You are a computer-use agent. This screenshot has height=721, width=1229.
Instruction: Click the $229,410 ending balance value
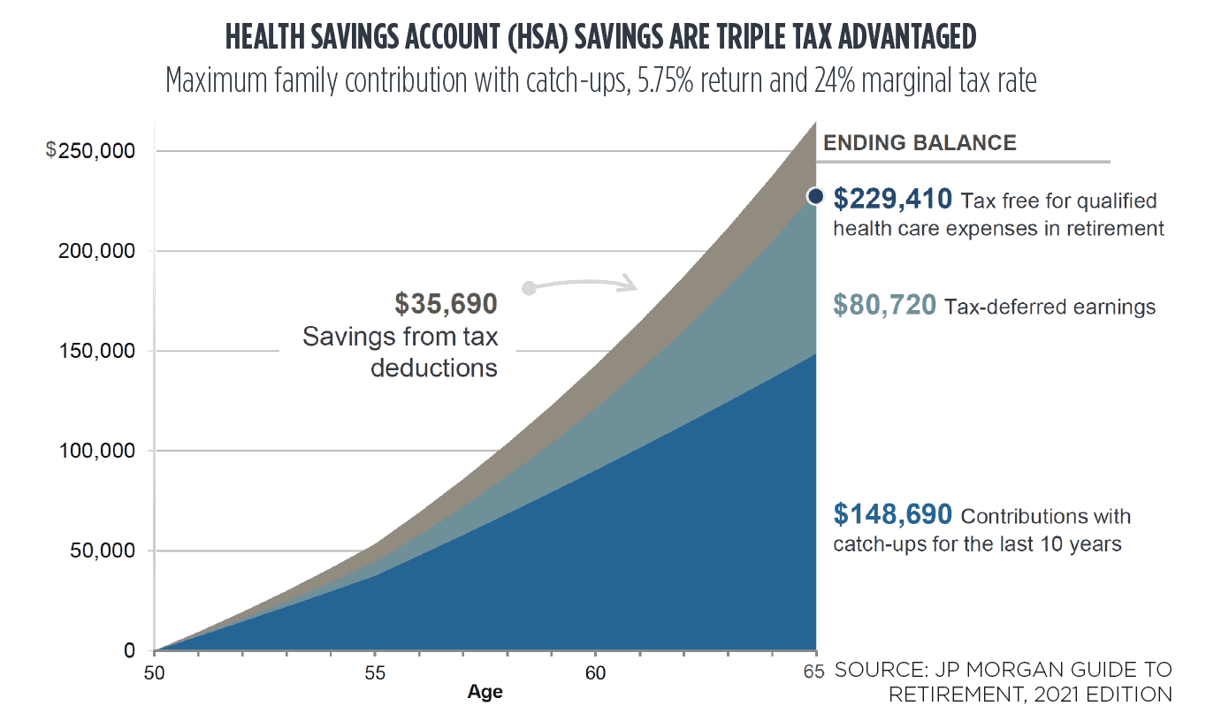point(893,199)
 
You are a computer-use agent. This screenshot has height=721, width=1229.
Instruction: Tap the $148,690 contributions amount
point(893,513)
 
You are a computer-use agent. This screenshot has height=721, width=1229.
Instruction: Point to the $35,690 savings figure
point(446,304)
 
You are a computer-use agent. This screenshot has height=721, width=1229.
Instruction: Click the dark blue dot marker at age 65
point(816,196)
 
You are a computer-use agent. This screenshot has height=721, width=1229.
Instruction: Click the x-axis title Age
point(485,693)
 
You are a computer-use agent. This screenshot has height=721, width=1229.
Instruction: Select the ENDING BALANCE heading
point(920,142)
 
